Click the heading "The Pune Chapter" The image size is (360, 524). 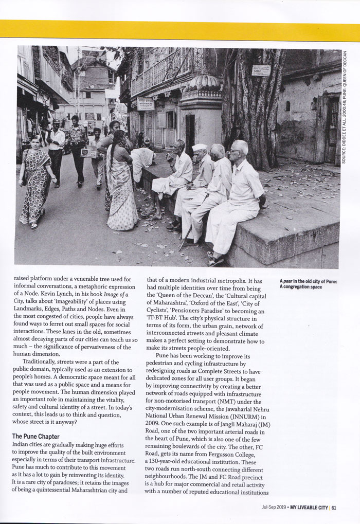[36, 437]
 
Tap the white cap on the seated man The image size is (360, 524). [199, 147]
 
